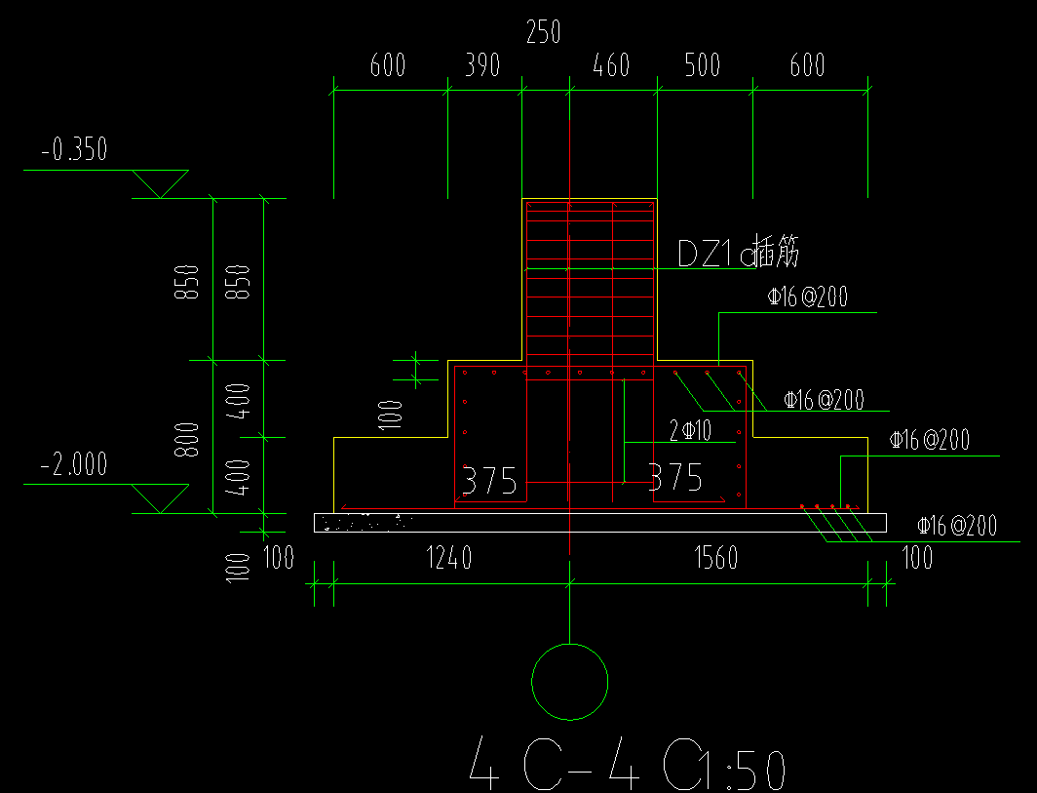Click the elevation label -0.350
tap(74, 150)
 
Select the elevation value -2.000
tap(74, 465)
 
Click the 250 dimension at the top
tap(543, 33)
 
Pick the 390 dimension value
tap(482, 65)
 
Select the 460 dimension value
tap(611, 65)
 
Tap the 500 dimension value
tap(702, 65)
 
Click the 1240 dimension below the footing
tap(449, 558)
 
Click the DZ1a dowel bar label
tap(739, 255)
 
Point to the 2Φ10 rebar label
tap(690, 429)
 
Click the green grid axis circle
tap(570, 682)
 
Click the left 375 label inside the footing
tap(488, 481)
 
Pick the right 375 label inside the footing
tap(675, 478)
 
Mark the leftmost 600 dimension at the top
tap(387, 65)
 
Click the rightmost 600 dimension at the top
tap(806, 65)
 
